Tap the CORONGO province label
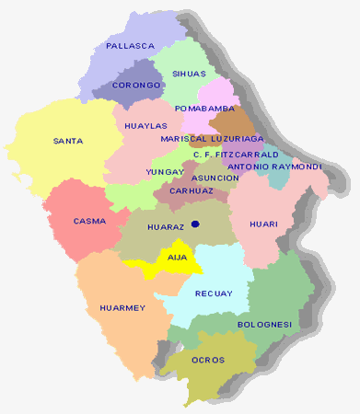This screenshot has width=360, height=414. (x=136, y=85)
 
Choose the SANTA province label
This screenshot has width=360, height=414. (x=69, y=141)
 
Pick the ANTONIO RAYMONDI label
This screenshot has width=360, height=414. (x=273, y=167)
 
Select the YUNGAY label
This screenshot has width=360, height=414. (x=165, y=171)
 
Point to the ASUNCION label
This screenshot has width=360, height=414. (x=215, y=178)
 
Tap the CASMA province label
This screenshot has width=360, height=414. (x=89, y=221)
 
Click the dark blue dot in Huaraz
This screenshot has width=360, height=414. (x=196, y=224)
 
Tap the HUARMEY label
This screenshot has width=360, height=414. (x=122, y=308)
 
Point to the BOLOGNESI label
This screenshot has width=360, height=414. (x=264, y=325)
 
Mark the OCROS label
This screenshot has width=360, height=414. (x=207, y=360)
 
